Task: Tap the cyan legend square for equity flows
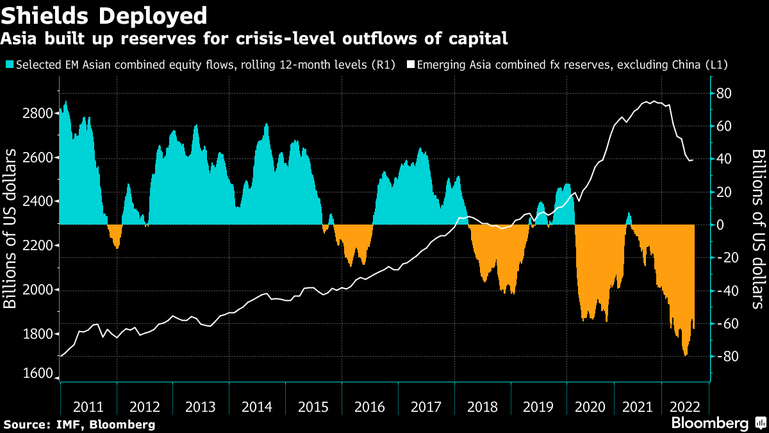9,65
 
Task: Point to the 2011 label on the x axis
88,407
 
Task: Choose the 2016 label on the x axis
369,407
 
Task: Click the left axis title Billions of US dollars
11,228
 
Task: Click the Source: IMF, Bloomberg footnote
79,424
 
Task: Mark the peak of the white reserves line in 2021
652,101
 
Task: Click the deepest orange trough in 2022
686,355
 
